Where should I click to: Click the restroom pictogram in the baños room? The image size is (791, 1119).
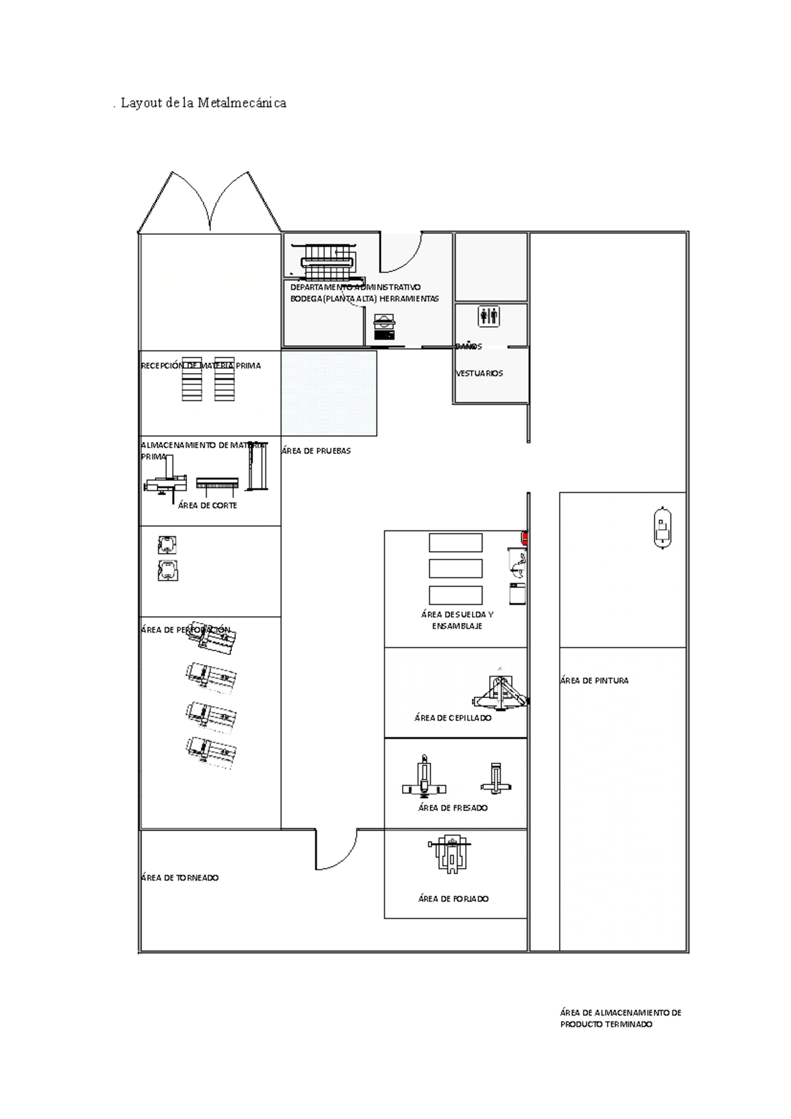(489, 316)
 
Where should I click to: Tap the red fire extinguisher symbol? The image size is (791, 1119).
(525, 538)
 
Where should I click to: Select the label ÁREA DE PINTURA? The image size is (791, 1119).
(594, 681)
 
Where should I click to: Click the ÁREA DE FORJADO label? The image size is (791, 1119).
(454, 899)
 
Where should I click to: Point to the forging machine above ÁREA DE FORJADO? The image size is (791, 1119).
(450, 854)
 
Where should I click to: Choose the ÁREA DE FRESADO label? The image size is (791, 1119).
(453, 808)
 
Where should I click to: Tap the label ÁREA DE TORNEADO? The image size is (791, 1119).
(180, 878)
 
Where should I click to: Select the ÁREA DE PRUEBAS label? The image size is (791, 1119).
(316, 451)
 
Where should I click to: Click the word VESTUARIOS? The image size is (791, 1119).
(479, 373)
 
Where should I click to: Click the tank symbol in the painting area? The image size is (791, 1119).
(662, 527)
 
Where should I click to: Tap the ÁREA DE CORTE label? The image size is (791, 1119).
(207, 505)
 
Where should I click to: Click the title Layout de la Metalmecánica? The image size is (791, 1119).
(200, 103)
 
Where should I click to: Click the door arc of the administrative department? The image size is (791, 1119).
(402, 254)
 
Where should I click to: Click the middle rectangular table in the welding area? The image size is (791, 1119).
(455, 568)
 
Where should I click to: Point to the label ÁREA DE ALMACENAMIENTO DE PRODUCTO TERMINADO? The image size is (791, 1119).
(620, 1019)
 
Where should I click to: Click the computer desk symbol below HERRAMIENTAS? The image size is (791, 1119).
(384, 326)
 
